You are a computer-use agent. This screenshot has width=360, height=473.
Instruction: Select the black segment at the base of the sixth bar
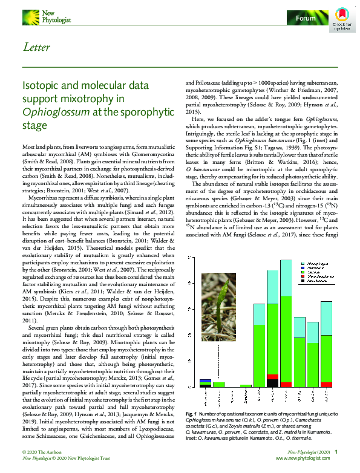click(272, 382)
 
